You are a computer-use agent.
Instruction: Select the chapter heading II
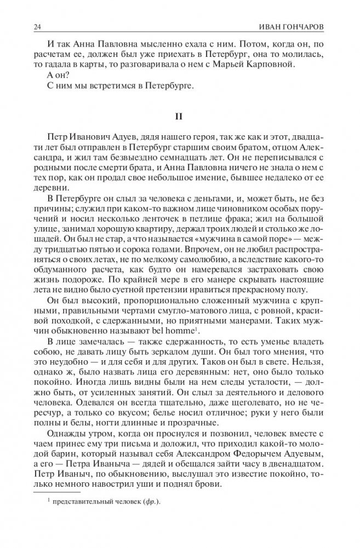(x=180, y=116)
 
